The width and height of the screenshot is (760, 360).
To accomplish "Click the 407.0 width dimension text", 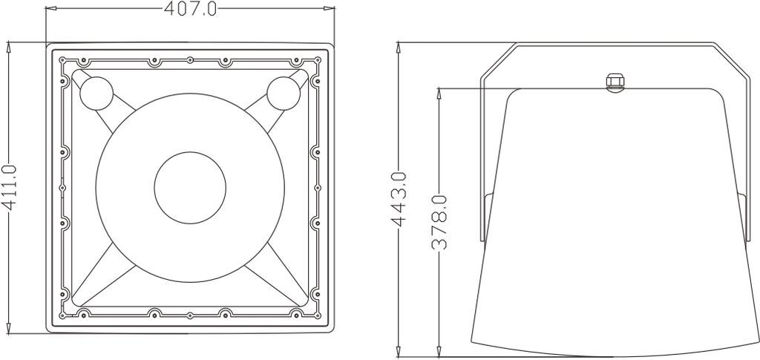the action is [191, 8].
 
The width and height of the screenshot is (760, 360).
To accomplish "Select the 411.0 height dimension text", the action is [10, 188].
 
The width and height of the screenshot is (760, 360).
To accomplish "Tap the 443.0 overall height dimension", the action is [399, 199].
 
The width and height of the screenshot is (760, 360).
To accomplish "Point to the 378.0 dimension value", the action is [439, 222].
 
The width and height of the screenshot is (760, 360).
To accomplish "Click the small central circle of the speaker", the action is [190, 188].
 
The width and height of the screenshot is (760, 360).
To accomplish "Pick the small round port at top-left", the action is [96, 93].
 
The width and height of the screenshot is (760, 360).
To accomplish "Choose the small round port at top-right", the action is [284, 93].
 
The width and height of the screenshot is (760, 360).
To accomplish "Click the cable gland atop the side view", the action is [615, 82].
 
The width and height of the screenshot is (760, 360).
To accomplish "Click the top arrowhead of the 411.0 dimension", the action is [9, 48].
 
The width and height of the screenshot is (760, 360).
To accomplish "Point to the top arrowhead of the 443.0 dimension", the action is [399, 48].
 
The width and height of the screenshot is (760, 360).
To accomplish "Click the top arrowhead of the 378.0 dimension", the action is [439, 94].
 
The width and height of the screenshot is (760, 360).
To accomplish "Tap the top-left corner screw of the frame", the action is [62, 61].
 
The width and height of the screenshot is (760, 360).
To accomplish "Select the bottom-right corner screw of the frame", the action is [318, 315].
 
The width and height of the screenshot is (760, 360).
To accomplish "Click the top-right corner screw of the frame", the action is [318, 61].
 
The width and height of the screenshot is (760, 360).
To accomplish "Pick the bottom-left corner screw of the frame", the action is [62, 315].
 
